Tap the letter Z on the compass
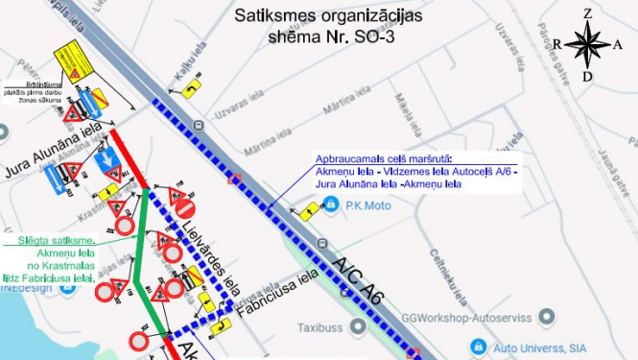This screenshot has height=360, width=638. coord(589,13)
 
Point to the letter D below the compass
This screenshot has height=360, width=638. coord(587,76)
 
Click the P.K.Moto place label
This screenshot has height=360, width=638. coord(366,205)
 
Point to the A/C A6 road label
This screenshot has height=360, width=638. coord(357,279)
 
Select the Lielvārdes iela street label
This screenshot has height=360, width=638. coord(204,251)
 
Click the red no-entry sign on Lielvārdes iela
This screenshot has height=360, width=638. coord(186,208)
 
